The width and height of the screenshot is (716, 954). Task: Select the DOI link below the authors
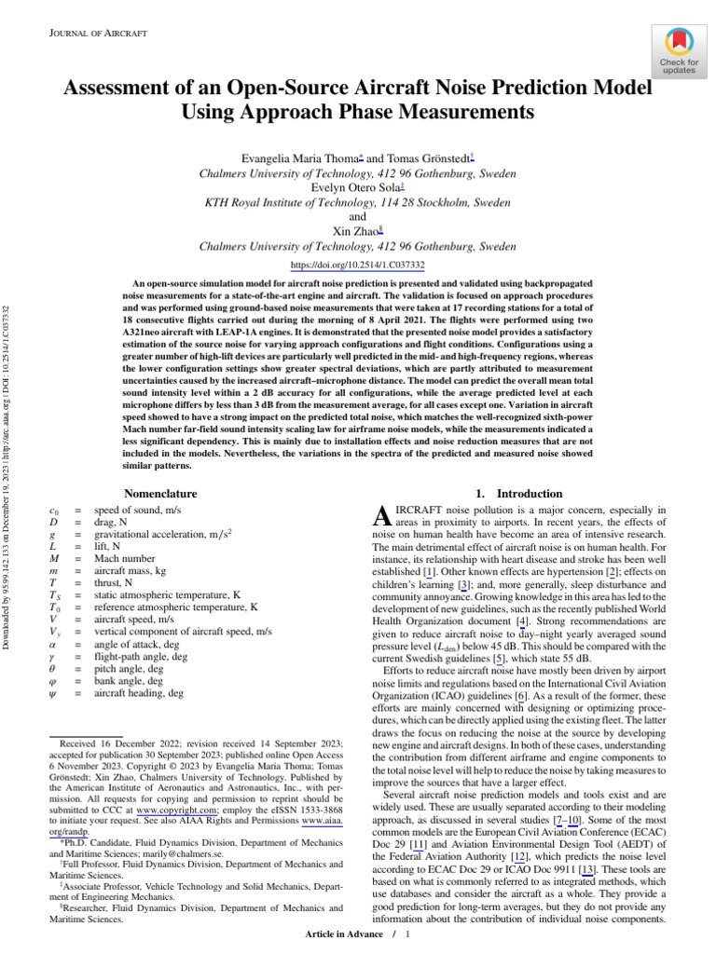click(358, 265)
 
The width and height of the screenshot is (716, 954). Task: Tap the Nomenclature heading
click(160, 493)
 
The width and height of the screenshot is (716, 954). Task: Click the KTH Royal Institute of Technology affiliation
click(358, 202)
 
